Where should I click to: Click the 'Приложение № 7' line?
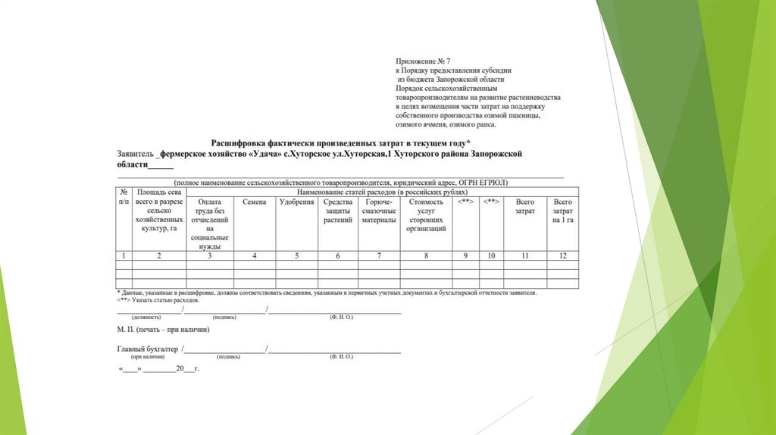tap(423, 60)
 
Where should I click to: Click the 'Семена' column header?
tap(254, 202)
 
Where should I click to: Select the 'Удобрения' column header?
tap(296, 202)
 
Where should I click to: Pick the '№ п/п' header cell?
tap(123, 198)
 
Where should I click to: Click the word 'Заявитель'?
tap(134, 153)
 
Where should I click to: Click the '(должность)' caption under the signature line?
tap(146, 317)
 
